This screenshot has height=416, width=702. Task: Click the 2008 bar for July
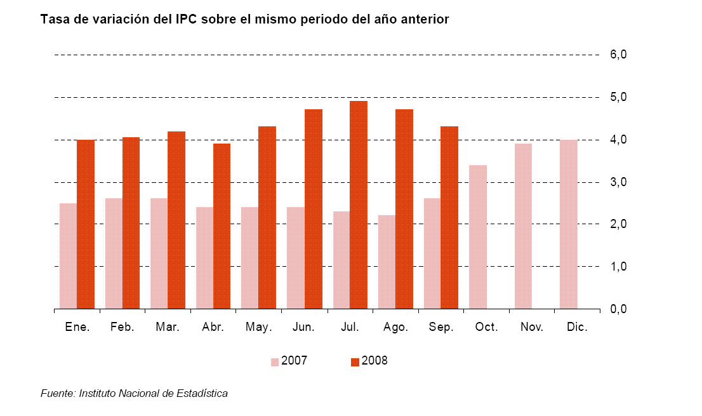359,205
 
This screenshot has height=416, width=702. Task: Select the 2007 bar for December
569,224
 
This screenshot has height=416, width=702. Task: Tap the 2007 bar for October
478,237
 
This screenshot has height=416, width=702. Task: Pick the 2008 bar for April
222,226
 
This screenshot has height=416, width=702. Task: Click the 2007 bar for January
69,256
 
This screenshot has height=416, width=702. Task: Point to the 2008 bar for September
449,217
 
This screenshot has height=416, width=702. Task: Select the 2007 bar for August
387,262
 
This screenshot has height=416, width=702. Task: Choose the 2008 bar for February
131,223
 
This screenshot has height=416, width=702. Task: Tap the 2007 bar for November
523,226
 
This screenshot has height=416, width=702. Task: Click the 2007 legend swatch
275,362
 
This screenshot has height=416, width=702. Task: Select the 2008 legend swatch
355,362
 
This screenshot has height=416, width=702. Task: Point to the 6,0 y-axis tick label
618,55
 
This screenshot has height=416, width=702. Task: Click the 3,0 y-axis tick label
618,182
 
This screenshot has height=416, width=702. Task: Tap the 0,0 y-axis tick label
618,309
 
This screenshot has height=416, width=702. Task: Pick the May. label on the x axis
258,328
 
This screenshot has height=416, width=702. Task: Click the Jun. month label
304,328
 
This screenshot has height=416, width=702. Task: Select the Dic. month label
578,328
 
